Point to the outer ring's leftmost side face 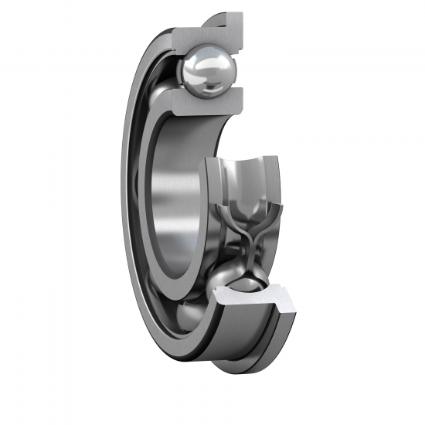(126, 209)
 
